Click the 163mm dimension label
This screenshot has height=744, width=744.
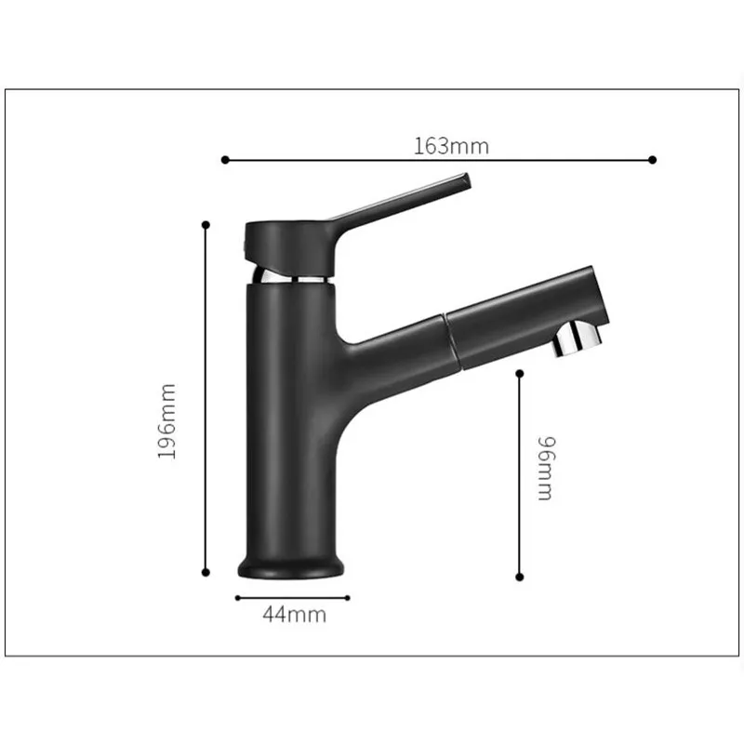(451, 146)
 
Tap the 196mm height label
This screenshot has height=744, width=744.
(166, 421)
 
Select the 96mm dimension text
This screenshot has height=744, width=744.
(546, 469)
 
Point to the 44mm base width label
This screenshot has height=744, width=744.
(295, 615)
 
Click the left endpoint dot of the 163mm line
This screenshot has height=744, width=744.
(225, 160)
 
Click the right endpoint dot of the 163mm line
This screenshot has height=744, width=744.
(653, 160)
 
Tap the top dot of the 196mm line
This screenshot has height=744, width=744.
(206, 224)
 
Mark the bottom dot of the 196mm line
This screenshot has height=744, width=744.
(206, 573)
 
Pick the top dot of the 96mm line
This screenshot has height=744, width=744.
(520, 374)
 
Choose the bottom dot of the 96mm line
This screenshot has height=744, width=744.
(520, 577)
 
